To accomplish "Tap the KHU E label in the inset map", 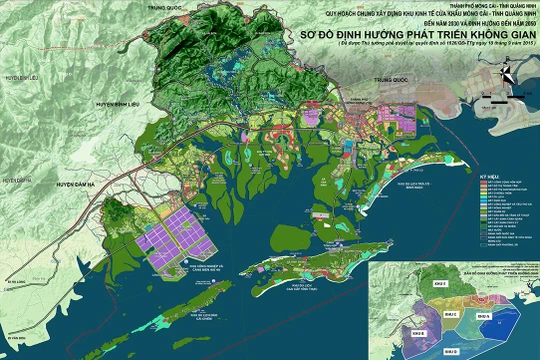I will click(414, 291).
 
